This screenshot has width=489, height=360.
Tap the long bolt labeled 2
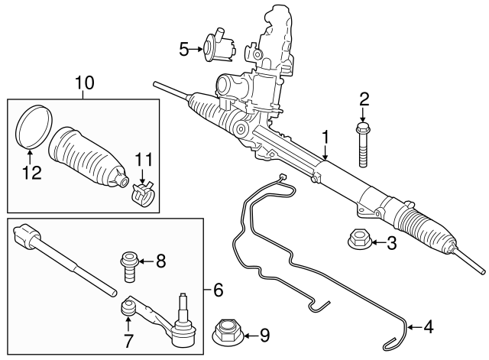click(364, 144)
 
